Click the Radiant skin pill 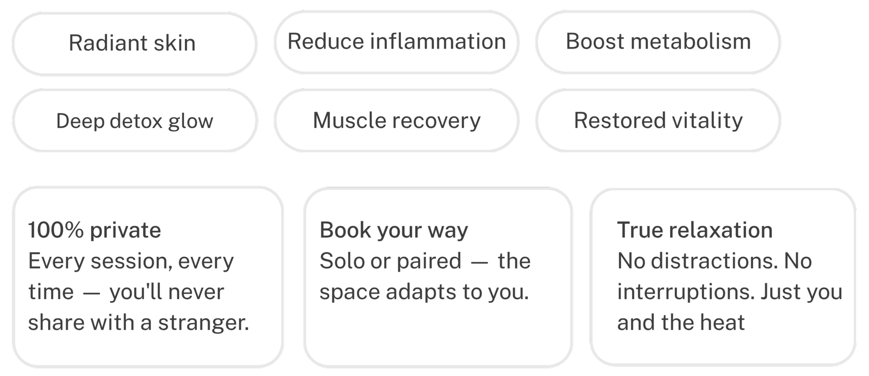click(134, 43)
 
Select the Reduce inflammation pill click(396, 42)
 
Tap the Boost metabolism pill click(658, 42)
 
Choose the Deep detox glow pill click(134, 121)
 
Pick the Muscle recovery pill click(396, 121)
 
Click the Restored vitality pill click(658, 121)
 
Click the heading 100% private click(95, 230)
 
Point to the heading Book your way click(393, 230)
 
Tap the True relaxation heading click(694, 230)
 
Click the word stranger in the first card click(203, 322)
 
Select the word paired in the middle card click(429, 261)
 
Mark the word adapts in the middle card click(421, 292)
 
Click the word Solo click(342, 261)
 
